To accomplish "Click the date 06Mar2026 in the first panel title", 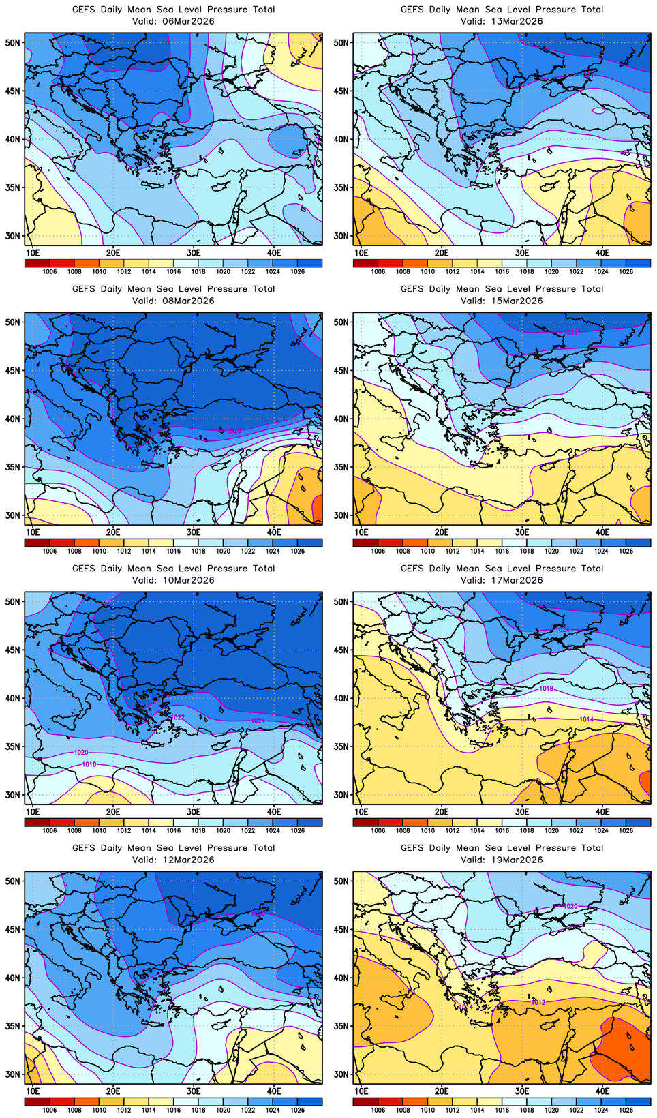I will pos(190,21).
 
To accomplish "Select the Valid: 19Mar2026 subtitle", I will pos(502,860).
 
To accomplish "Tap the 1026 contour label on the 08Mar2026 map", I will pos(233,431).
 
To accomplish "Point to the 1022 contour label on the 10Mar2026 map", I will pos(177,717).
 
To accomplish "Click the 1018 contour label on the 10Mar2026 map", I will pos(89,764).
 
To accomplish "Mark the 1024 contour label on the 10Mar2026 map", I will pos(258,721).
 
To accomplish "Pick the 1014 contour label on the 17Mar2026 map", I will pos(586,719).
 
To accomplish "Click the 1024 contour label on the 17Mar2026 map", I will pos(562,630).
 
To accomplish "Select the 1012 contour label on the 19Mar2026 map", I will pos(538,1002).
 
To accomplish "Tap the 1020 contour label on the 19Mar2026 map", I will pos(571,906).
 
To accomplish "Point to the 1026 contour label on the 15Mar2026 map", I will pos(570,332).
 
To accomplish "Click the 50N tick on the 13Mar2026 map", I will pos(341,42).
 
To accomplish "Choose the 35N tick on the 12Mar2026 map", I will pos(13,1026).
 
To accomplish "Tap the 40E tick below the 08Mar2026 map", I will pos(274,532).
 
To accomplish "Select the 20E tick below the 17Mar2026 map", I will pos(442,811).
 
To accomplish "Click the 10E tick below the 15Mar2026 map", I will pos(362,532).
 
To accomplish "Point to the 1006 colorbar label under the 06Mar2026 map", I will pos(50,271).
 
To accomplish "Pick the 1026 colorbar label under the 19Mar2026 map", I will pos(626,1110).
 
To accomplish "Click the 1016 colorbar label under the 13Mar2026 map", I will pos(502,271).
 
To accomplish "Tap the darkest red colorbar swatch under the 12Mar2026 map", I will pos(37,1102).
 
